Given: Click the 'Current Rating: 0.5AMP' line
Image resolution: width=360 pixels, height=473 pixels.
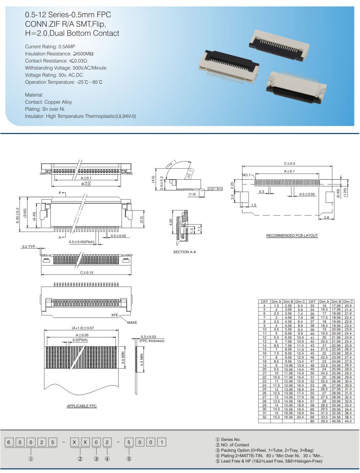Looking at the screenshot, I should pos(50,47).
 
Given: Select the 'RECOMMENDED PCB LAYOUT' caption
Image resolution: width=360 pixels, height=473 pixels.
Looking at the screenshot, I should pos(292,235).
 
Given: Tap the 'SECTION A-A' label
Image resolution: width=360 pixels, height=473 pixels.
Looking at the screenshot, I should pos(184,252).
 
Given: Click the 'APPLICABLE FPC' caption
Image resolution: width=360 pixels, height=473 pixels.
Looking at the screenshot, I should pos(82,406).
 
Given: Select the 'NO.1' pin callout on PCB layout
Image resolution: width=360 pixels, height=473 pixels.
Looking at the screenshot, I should pos(247,175).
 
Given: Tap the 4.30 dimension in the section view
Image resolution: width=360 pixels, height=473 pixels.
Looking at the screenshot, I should pos(171,222).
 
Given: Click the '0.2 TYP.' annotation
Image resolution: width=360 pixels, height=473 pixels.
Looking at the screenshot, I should pos(29,246).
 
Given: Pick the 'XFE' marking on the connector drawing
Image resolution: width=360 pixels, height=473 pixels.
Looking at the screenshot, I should pos(115,315).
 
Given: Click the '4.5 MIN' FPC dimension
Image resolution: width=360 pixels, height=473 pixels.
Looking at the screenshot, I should pos(142,360).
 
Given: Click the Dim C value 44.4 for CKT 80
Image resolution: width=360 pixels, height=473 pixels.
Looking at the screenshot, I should pos(348,421).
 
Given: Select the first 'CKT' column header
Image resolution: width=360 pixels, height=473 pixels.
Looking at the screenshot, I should pos(264,301).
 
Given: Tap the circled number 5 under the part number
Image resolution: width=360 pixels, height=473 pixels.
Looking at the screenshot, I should pos(129,459).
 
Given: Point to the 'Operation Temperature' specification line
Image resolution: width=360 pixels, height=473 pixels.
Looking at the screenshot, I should pos(63,82).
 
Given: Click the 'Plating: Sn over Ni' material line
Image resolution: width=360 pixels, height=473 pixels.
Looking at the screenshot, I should pos(45,109).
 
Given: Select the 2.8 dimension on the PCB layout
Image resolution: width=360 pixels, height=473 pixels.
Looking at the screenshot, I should pos(326,217).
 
